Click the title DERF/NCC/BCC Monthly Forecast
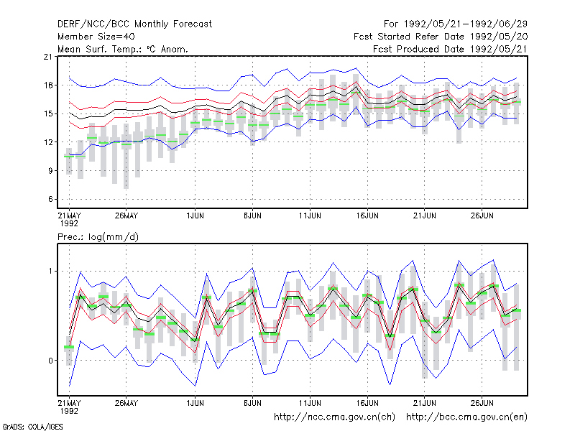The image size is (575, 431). click(134, 24)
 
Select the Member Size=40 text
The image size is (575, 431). click(96, 37)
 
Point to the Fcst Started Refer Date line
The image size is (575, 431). click(441, 37)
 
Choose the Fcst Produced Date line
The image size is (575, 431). click(450, 49)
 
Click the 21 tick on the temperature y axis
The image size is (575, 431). click(48, 57)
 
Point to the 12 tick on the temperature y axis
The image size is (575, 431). click(48, 142)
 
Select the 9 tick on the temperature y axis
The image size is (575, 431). click(50, 171)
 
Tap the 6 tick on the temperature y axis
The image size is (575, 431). click(50, 200)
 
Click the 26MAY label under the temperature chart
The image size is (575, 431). click(126, 215)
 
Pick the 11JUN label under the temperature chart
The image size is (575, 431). click(310, 215)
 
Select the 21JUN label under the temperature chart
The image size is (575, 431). click(425, 215)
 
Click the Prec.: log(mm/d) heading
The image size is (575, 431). click(98, 237)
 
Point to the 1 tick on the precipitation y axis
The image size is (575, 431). click(50, 272)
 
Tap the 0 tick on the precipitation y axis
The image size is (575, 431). click(50, 361)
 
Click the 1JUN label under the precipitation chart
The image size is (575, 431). click(195, 403)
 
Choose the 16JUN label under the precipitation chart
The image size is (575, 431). click(367, 403)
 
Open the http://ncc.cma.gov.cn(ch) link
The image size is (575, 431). click(334, 417)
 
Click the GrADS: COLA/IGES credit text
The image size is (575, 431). click(32, 427)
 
